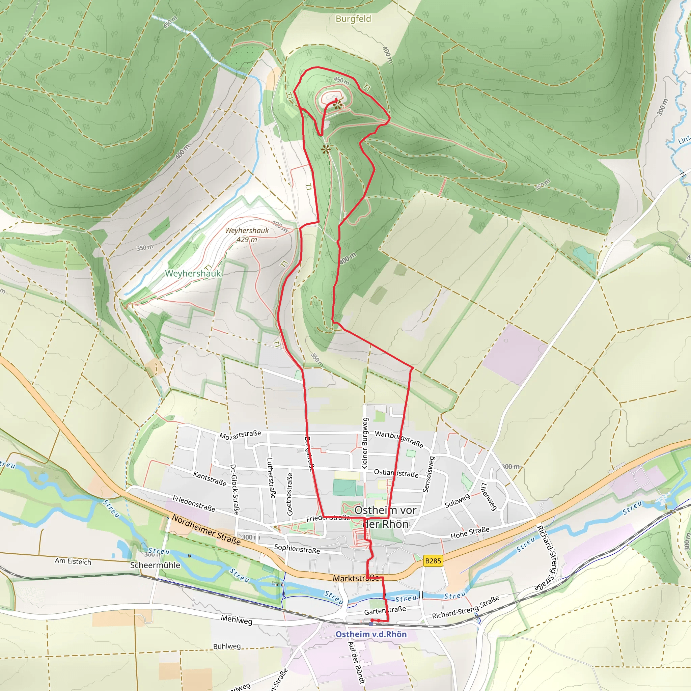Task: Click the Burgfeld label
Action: [353, 19]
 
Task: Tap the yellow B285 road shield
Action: [433, 560]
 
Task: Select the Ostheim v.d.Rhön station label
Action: [371, 634]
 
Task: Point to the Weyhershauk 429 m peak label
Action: [247, 235]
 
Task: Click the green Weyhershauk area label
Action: [193, 274]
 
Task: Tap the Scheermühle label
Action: [155, 565]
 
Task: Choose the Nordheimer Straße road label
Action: [206, 530]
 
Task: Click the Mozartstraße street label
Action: [240, 435]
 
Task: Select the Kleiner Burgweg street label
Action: [365, 443]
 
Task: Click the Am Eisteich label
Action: [73, 561]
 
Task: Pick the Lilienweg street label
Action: [489, 496]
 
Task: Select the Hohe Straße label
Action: [470, 532]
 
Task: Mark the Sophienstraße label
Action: [297, 549]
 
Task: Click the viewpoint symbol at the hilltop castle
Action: [337, 105]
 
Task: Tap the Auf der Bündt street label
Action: [356, 663]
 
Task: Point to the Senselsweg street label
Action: [429, 474]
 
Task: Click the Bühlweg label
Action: [227, 646]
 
